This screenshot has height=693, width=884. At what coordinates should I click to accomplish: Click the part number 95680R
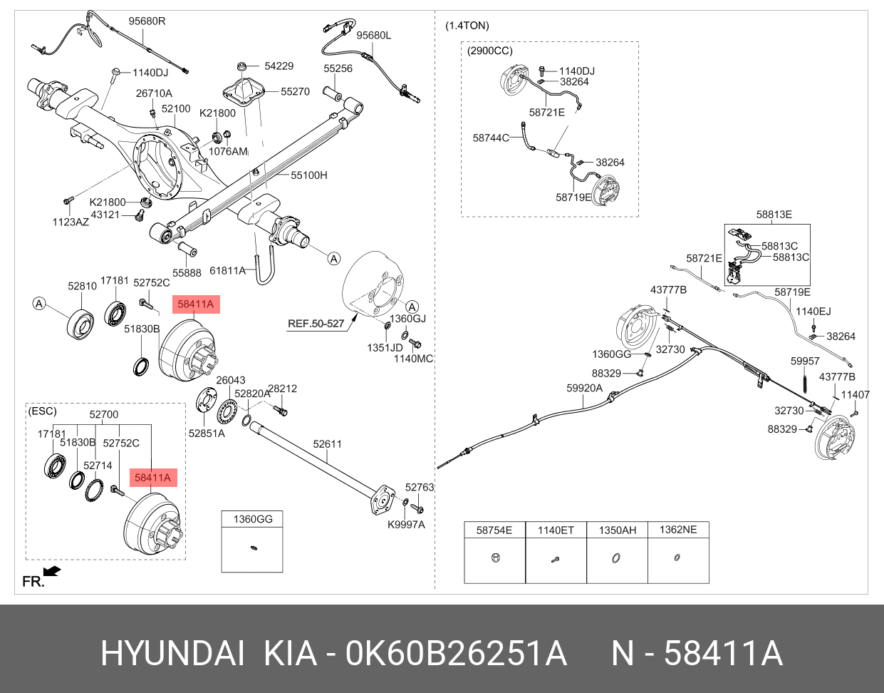[147, 21]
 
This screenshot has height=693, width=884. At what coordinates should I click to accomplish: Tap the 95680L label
[373, 36]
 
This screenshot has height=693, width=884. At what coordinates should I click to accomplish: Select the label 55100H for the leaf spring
[308, 175]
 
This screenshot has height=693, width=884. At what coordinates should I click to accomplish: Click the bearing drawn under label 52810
[82, 324]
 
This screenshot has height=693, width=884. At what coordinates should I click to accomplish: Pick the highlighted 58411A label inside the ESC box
[153, 478]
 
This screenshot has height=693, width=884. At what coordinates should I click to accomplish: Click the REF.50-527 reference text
[316, 324]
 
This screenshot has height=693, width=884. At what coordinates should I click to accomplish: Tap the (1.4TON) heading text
[467, 26]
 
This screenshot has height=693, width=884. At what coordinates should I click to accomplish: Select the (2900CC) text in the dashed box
[489, 51]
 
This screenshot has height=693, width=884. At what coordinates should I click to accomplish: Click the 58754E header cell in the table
[494, 530]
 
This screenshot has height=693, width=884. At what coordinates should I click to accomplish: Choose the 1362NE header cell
[677, 530]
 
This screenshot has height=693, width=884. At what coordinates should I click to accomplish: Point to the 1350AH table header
[617, 530]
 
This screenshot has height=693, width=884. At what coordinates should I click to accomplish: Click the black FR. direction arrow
[52, 571]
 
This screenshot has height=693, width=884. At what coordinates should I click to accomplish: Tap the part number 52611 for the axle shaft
[328, 444]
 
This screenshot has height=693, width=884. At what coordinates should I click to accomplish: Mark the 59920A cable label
[584, 389]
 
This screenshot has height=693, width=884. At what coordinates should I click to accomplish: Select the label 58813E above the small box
[774, 215]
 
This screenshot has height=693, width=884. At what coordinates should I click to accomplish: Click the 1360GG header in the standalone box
[253, 519]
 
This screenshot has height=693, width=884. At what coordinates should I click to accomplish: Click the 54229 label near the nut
[279, 66]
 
